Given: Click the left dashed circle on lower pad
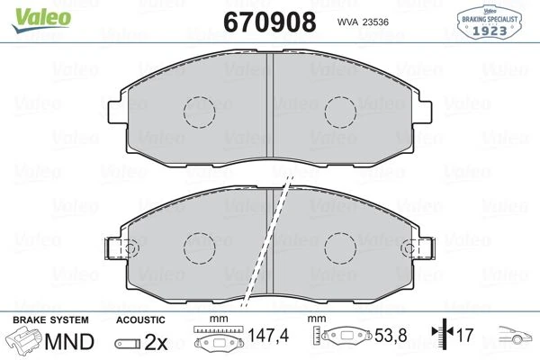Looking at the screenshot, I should [199, 247].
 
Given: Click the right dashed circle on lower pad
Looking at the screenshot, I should [342, 247].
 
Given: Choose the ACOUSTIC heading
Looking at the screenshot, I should [140, 320].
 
